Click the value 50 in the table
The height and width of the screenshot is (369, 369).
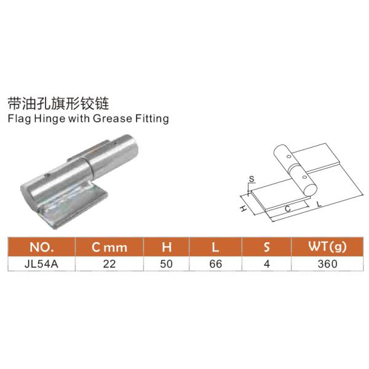point(165,263)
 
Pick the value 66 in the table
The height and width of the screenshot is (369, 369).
point(215,263)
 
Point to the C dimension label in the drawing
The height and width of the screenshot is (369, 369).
point(288,209)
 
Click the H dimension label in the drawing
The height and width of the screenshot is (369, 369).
point(243,210)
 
